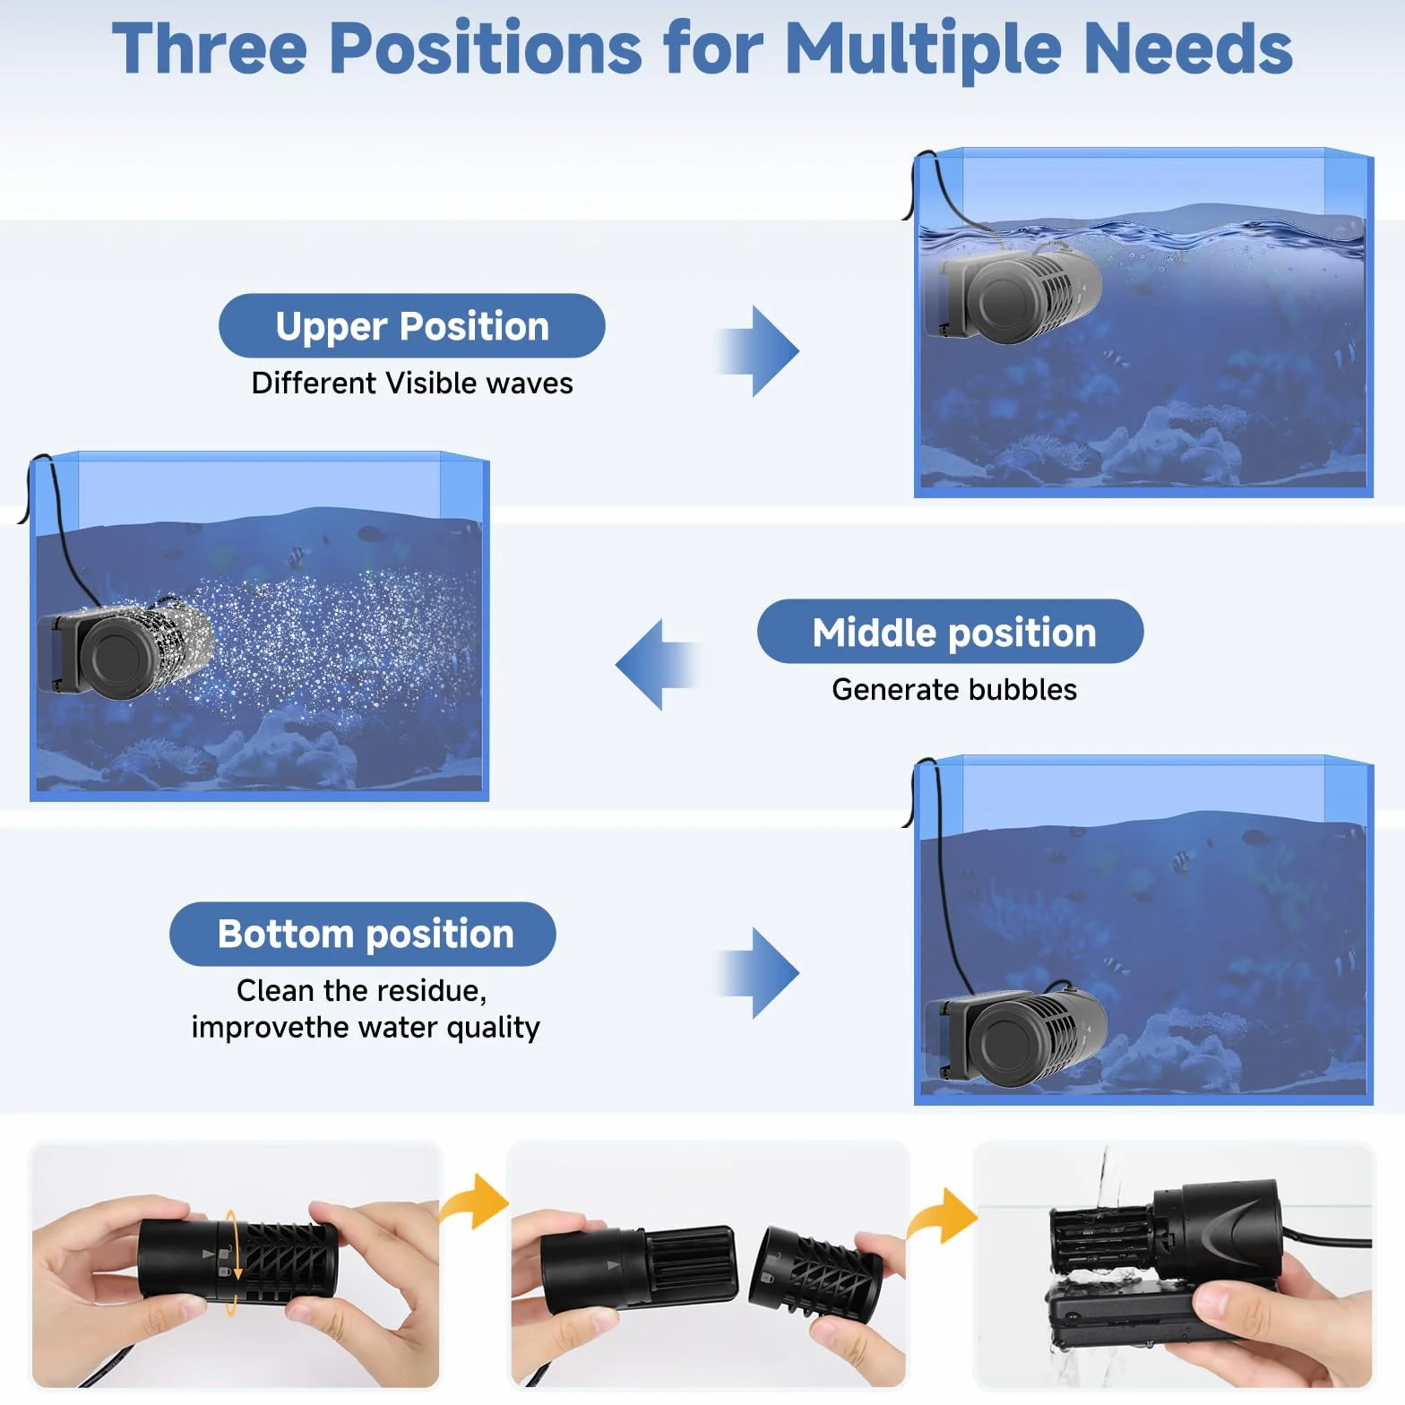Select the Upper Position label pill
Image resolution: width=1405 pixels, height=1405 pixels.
[x=412, y=325]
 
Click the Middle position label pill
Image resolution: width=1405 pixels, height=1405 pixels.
[x=951, y=631]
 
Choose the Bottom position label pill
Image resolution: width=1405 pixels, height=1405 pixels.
[x=363, y=934]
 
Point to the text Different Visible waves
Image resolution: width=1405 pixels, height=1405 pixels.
[x=412, y=383]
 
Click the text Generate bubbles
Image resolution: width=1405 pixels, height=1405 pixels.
[x=954, y=689]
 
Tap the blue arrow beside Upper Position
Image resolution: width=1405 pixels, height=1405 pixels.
[x=757, y=351]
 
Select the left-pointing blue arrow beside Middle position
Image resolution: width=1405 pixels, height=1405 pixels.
[x=659, y=665]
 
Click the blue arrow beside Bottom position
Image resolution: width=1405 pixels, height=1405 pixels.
[x=757, y=973]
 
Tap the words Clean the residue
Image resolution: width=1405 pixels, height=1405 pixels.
[x=362, y=990]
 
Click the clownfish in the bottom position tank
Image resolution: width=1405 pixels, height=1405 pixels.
[x=1115, y=966]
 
